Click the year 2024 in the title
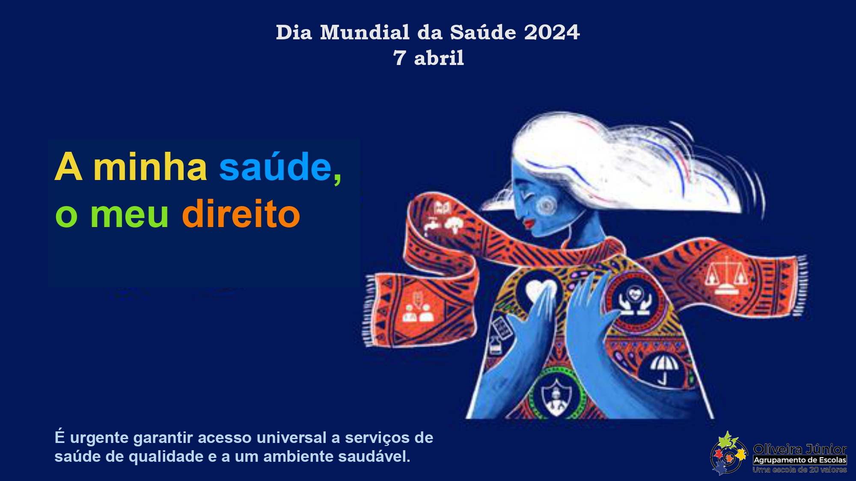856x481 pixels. coord(552,32)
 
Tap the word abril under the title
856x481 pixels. coord(439,58)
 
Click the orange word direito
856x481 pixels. coord(241,213)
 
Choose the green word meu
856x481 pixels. coord(129,215)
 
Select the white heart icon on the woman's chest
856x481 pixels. coord(540,291)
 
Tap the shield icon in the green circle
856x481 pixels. coord(556,397)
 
